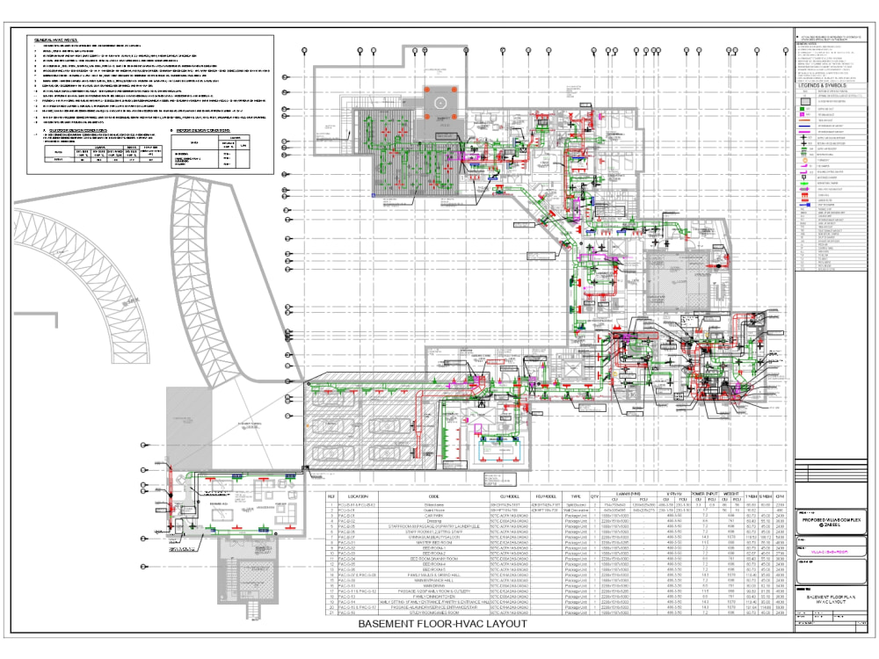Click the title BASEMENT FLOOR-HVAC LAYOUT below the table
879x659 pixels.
coord(442,624)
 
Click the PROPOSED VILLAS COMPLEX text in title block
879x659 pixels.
coord(830,521)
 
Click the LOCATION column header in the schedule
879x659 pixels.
coord(358,496)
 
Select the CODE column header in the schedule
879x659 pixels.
coord(434,496)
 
